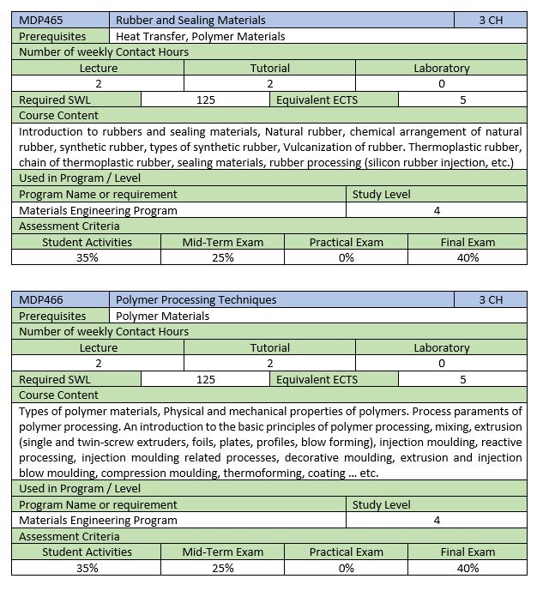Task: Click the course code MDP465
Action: [41, 20]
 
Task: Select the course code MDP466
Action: [41, 299]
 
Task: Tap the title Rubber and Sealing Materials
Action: [190, 20]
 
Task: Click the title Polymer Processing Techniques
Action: [196, 299]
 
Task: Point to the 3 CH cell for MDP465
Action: [491, 20]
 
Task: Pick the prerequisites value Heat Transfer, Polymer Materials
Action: [200, 36]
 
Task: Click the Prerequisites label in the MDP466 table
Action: [52, 316]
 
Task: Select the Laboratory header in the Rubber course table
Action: [441, 68]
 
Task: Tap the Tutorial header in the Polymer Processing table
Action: [269, 347]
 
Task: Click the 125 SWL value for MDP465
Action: [205, 99]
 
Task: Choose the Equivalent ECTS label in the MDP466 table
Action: [317, 379]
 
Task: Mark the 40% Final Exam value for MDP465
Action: [468, 257]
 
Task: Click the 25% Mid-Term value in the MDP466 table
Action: [222, 568]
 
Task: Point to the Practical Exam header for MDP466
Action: [346, 552]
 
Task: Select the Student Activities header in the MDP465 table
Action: [87, 242]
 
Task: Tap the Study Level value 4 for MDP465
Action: [437, 210]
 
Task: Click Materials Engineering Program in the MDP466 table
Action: [98, 520]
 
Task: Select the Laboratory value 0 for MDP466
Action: [441, 363]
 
